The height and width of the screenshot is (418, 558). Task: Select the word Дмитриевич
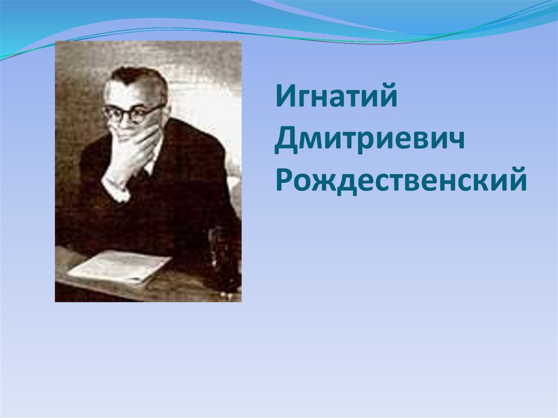click(370, 142)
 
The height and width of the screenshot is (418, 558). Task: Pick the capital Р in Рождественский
click(284, 180)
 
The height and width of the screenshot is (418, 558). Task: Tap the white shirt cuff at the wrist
click(116, 190)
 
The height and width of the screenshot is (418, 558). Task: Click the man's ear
click(165, 114)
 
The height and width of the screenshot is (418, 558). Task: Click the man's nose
click(124, 123)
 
